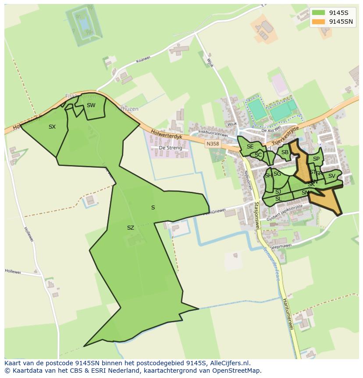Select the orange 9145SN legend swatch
[x=319, y=22]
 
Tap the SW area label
[x=91, y=105]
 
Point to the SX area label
[x=52, y=127]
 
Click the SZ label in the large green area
[x=130, y=228]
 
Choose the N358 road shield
[x=213, y=143]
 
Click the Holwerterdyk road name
[x=166, y=136]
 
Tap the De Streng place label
[x=170, y=148]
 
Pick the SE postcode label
[x=250, y=147]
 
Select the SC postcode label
[x=258, y=155]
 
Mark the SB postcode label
[x=285, y=152]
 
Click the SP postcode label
[x=316, y=159]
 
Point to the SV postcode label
[x=331, y=176]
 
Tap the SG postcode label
[x=277, y=174]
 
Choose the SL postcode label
[x=278, y=199]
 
